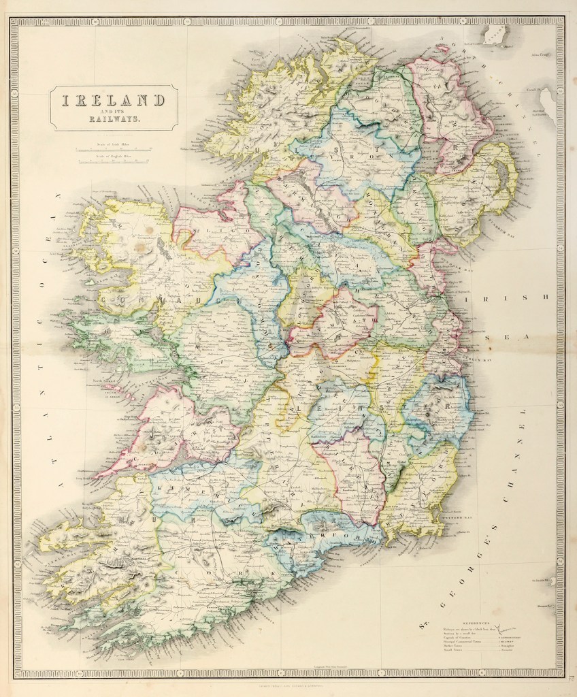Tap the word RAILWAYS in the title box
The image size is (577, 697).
click(114, 118)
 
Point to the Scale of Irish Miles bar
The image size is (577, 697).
click(114, 148)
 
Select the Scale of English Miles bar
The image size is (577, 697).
click(114, 162)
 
